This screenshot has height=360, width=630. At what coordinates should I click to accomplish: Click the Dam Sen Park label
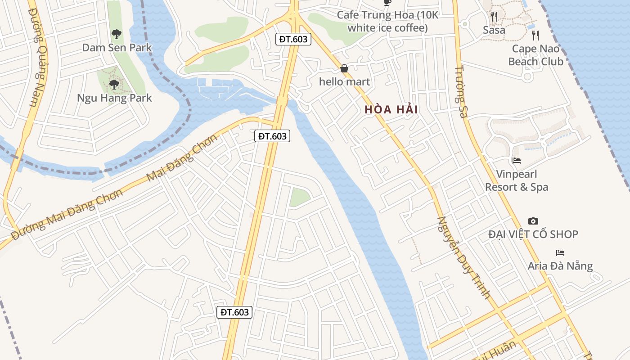pos(117,48)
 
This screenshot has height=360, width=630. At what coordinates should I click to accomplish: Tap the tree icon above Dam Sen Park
pos(116,34)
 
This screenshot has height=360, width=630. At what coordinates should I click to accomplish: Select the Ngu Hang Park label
pos(114,98)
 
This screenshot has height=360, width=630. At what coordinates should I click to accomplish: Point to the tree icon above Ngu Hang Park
pos(114,84)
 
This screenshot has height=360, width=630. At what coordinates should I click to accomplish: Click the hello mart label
pos(344,82)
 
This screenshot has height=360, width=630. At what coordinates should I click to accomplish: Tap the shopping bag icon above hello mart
pos(344,68)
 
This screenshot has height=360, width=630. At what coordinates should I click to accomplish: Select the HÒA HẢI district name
pos(391,109)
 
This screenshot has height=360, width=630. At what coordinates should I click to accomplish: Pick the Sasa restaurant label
pos(494,30)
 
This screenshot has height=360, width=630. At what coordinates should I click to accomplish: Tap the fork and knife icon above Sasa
pos(494,17)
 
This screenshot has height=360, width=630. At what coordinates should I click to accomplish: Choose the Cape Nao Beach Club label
pos(535,55)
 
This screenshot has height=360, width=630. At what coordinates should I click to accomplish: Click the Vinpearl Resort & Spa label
pos(517,180)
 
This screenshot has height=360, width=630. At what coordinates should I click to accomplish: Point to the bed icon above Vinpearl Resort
pos(517,160)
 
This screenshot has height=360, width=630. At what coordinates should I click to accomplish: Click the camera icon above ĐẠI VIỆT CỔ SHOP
pos(533,221)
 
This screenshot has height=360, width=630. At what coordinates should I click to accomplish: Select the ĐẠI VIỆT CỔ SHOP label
pos(533,234)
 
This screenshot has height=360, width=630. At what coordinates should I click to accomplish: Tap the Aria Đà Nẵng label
pos(560,266)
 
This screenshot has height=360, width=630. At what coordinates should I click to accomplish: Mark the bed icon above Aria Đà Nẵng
pos(560,253)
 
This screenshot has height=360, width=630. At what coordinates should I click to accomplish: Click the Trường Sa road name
pos(460,92)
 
